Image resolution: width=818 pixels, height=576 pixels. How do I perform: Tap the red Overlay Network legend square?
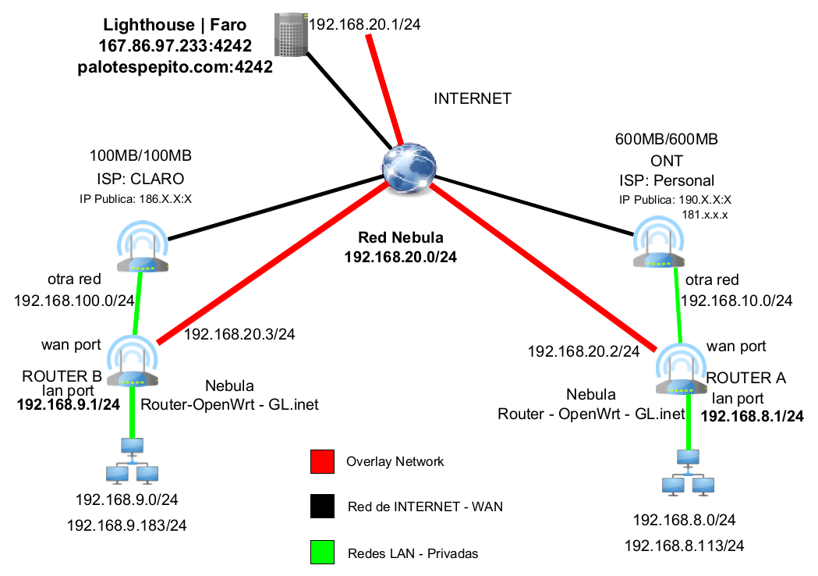[321, 462]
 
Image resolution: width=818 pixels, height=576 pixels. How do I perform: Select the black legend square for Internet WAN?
[321, 507]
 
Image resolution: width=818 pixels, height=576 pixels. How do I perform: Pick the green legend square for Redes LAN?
[321, 553]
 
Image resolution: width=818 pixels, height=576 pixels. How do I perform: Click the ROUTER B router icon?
[132, 362]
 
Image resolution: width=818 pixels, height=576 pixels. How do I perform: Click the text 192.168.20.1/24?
[365, 25]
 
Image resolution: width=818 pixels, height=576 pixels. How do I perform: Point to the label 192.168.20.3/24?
[239, 335]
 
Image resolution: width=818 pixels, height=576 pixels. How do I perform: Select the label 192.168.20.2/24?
[583, 352]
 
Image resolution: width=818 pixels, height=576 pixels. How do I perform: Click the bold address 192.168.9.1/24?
[69, 404]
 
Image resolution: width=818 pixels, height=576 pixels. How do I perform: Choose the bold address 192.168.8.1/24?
[752, 416]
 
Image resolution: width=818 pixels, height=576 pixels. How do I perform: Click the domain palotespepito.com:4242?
[175, 67]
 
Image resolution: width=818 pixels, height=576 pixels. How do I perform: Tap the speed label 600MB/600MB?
[667, 140]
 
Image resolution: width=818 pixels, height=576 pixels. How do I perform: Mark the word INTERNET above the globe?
[473, 98]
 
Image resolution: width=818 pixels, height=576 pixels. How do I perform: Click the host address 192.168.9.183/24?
[128, 525]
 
